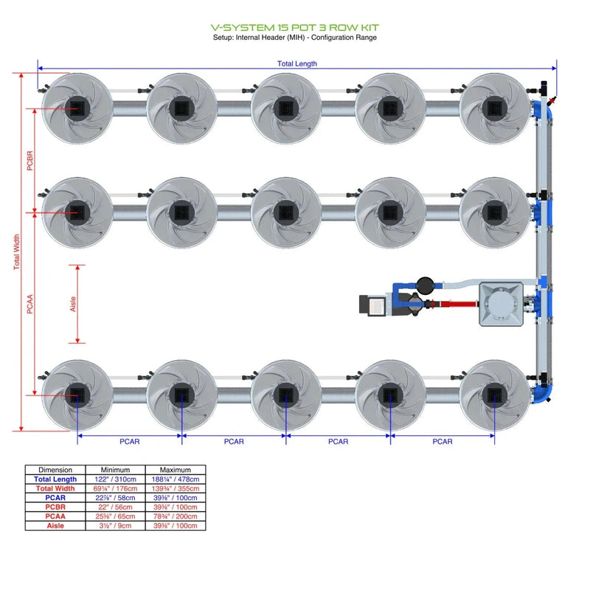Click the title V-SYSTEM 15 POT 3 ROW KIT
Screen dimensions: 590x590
coord(295,28)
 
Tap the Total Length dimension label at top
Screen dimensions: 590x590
coord(297,63)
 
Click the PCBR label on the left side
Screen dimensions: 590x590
coord(30,161)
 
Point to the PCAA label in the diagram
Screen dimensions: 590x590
coord(30,304)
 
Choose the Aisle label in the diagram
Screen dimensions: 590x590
coord(73,304)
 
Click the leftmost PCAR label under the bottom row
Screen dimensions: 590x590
coord(130,442)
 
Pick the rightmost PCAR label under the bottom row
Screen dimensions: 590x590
coord(442,442)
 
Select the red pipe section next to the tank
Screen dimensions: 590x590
coord(457,303)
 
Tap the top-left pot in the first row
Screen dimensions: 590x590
coord(77,108)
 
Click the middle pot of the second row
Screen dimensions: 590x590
coord(285,212)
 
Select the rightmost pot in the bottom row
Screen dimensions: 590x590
coord(494,395)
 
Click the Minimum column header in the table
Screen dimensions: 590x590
coord(115,470)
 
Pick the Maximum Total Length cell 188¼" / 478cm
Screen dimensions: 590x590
coord(175,479)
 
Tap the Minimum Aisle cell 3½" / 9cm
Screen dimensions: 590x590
coord(115,525)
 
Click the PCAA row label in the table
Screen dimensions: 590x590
coord(55,516)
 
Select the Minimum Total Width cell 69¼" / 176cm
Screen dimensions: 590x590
coord(115,488)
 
